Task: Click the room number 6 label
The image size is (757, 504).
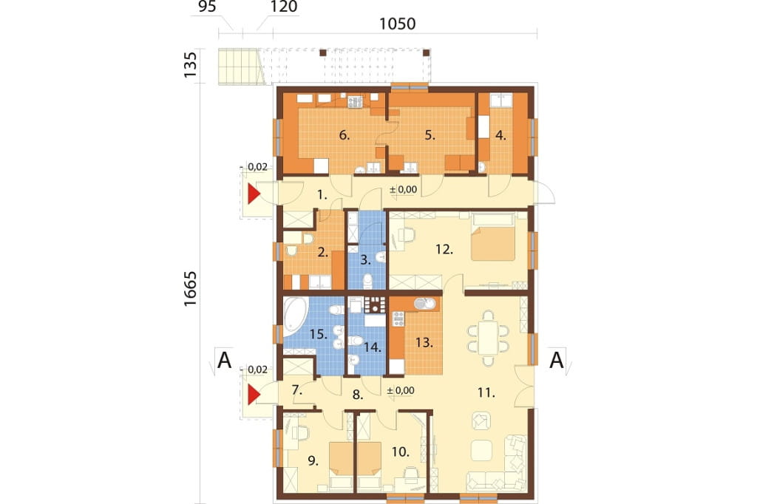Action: click(344, 135)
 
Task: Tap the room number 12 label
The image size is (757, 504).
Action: click(444, 250)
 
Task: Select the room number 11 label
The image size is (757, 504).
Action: click(486, 393)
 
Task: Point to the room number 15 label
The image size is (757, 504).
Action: click(318, 333)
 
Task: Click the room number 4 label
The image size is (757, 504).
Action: click(500, 136)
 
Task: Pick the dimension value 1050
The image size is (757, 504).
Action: click(397, 23)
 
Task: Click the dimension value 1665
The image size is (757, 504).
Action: click(191, 288)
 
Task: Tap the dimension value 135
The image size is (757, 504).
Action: click(191, 65)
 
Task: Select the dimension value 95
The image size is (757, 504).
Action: click(206, 7)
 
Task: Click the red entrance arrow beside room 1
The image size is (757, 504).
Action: click(253, 194)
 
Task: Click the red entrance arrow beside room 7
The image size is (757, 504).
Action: click(253, 395)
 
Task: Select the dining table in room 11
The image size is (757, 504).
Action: click(489, 338)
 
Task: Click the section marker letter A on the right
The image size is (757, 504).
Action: click(556, 360)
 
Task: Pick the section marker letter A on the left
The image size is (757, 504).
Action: click(225, 360)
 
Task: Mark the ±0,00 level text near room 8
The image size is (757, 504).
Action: click(400, 390)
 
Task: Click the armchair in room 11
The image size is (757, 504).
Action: click(481, 420)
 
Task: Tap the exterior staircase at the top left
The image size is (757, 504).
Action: click(241, 67)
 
